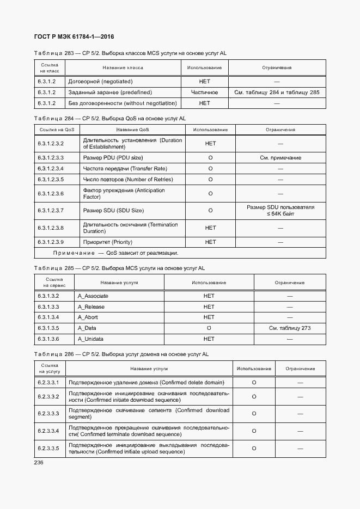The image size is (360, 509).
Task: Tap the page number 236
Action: [x=38, y=462]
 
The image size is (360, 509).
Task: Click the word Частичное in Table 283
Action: [x=204, y=92]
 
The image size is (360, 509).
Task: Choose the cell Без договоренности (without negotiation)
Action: [x=123, y=103]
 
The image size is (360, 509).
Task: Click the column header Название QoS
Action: [x=132, y=130]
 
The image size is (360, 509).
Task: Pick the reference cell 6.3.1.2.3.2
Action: [x=51, y=144]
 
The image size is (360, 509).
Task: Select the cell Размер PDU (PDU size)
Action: [x=113, y=157]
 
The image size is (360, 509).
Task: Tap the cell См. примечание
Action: [x=280, y=157]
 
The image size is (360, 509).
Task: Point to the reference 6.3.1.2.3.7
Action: [x=51, y=210]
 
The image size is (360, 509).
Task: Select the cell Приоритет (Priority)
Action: [x=107, y=242]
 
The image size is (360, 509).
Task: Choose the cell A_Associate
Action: [x=93, y=296]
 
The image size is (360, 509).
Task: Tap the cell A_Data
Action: [x=87, y=328]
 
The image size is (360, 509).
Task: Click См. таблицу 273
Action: [x=290, y=328]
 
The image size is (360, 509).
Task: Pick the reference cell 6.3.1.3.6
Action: [x=48, y=339]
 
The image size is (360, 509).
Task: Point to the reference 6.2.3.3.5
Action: [x=48, y=449]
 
